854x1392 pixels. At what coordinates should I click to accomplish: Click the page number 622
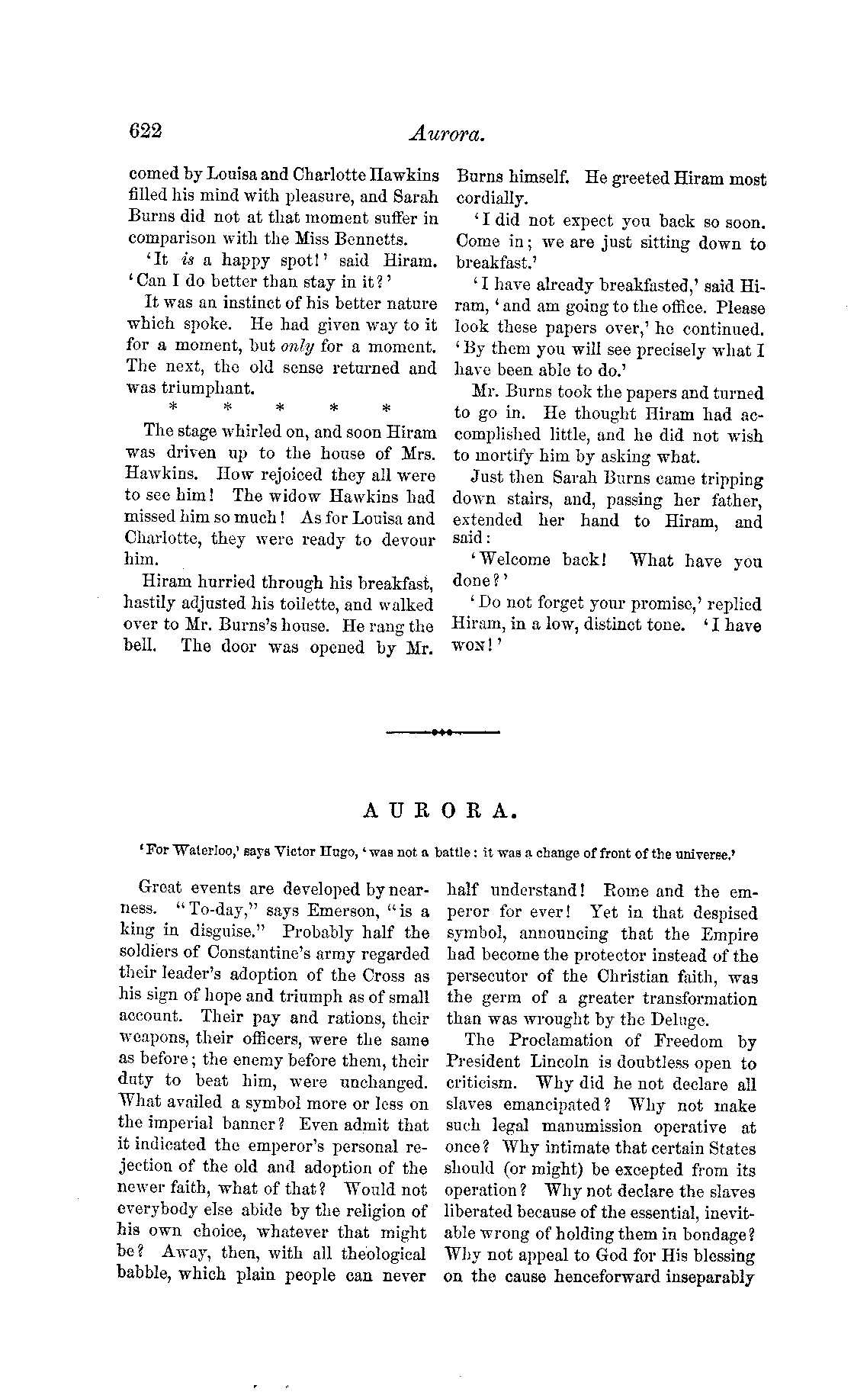click(x=146, y=131)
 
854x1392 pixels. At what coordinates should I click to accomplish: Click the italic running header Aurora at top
click(x=447, y=134)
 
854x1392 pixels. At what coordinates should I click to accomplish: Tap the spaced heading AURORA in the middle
click(x=441, y=812)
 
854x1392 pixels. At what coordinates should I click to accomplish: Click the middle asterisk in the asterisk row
click(x=280, y=409)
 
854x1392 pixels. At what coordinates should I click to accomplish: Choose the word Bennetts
click(x=344, y=240)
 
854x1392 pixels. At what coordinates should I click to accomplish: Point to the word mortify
click(x=504, y=457)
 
